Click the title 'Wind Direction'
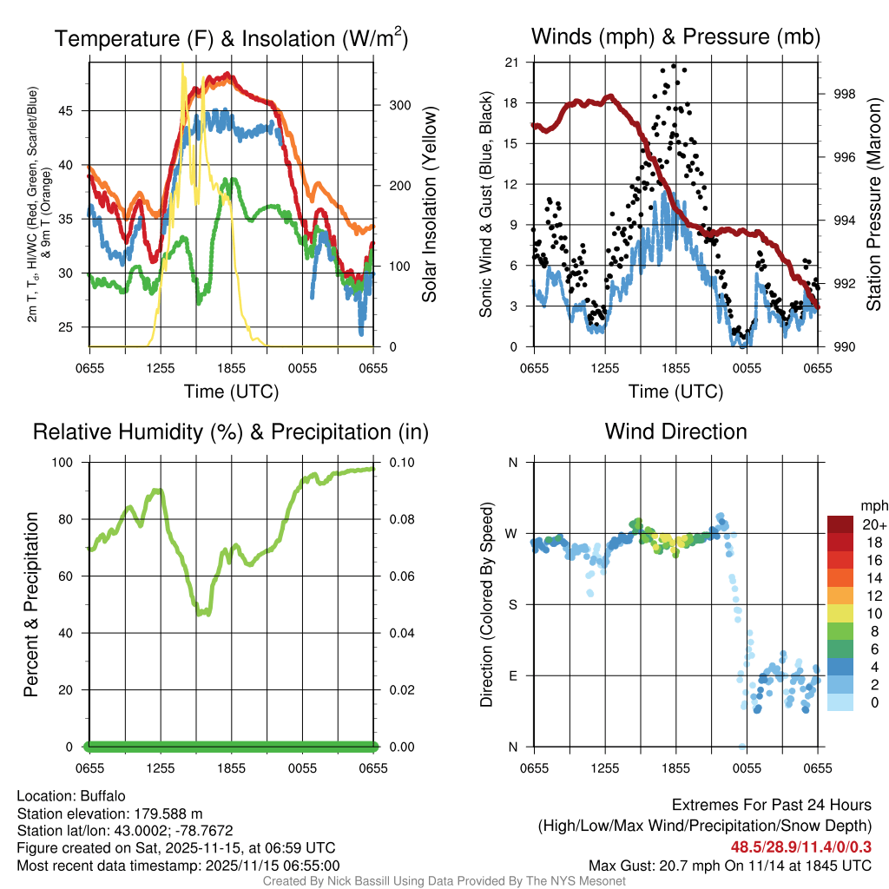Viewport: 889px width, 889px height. pos(675,431)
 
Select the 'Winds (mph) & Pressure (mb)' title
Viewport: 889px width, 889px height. pos(675,36)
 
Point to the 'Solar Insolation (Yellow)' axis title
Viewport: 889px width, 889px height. pos(429,205)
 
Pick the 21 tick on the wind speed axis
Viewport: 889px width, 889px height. pos(511,62)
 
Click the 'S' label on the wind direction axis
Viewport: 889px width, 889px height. pos(513,604)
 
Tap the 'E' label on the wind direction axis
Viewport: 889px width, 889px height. pos(513,675)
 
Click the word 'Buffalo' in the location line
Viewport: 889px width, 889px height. pos(103,796)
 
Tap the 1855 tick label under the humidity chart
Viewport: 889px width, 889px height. pos(232,768)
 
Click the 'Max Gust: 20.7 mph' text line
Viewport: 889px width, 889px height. pos(729,865)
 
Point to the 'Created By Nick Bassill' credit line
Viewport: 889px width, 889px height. pos(444,881)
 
